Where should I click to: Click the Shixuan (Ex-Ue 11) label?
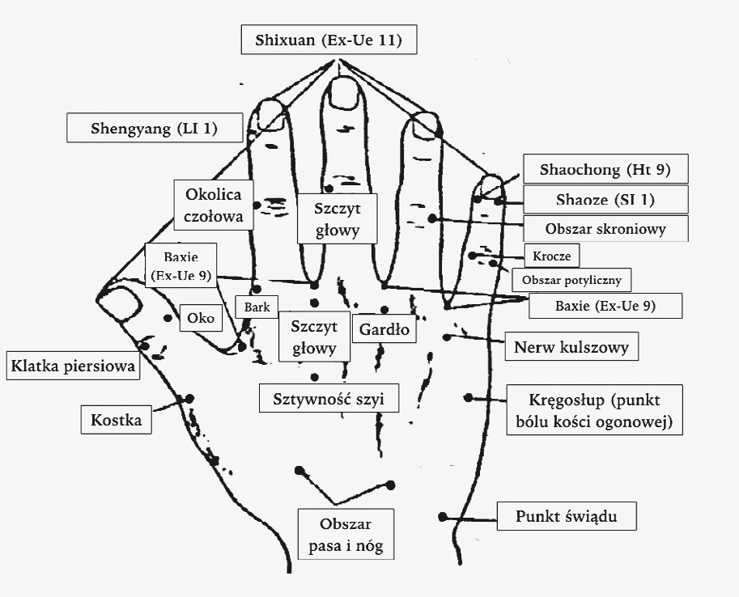click(x=329, y=40)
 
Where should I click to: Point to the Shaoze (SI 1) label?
click(x=605, y=199)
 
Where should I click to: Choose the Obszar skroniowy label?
click(x=605, y=228)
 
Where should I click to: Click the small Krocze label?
click(x=552, y=256)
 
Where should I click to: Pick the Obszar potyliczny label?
click(x=571, y=280)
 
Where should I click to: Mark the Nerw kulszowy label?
click(x=572, y=348)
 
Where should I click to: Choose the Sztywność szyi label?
click(x=329, y=398)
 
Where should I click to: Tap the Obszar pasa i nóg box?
click(x=346, y=534)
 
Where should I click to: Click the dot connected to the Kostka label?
click(x=188, y=398)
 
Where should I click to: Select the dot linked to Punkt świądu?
click(x=443, y=516)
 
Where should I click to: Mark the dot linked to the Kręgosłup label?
click(x=468, y=396)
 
